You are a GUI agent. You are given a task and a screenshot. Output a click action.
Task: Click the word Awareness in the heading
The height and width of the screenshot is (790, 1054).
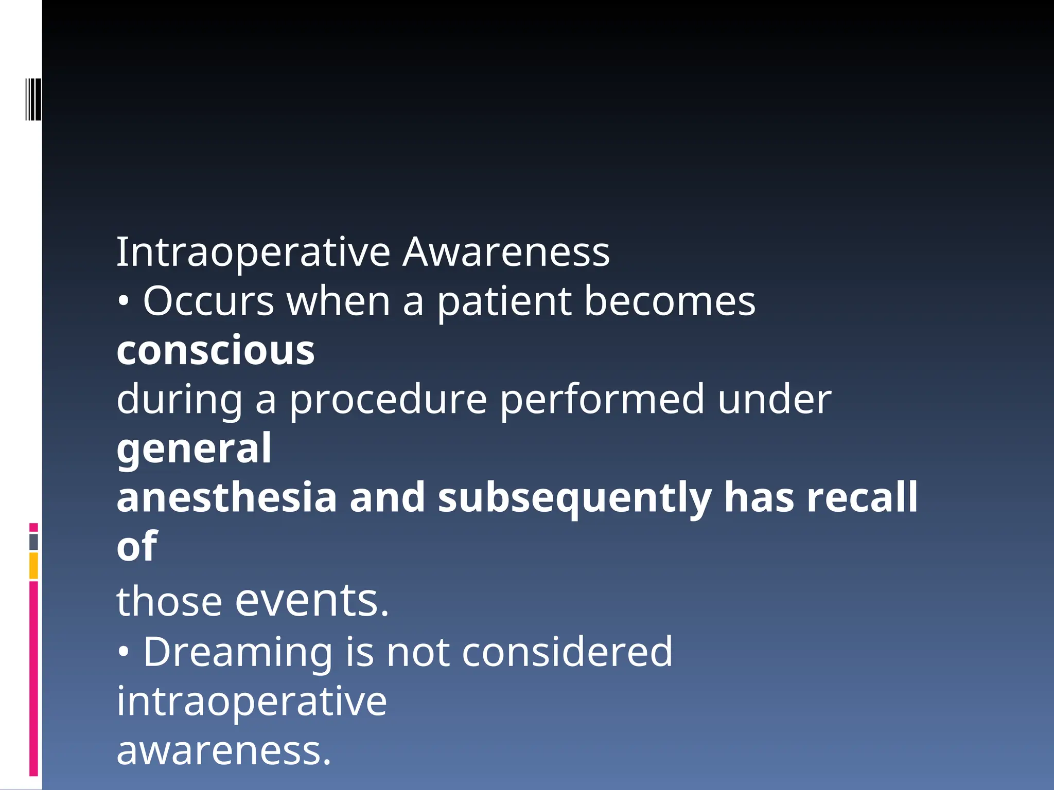[x=505, y=253]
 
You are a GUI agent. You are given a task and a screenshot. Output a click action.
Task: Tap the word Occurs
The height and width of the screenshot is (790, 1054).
[x=208, y=301]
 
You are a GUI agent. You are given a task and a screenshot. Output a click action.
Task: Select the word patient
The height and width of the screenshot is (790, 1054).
[x=504, y=302]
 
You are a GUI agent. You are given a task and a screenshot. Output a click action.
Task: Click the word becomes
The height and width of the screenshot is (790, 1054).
[x=670, y=301]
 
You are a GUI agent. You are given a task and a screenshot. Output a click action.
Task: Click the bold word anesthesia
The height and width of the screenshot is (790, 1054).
[x=226, y=498]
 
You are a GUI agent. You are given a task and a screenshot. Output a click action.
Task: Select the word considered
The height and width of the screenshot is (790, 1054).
[x=567, y=652]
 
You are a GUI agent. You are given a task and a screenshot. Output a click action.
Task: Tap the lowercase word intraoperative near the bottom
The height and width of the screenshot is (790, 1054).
[x=251, y=702]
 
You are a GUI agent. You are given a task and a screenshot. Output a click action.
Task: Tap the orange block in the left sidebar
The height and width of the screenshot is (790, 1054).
[x=33, y=566]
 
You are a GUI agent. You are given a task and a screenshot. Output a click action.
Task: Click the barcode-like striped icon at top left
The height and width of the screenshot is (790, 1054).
[x=33, y=99]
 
